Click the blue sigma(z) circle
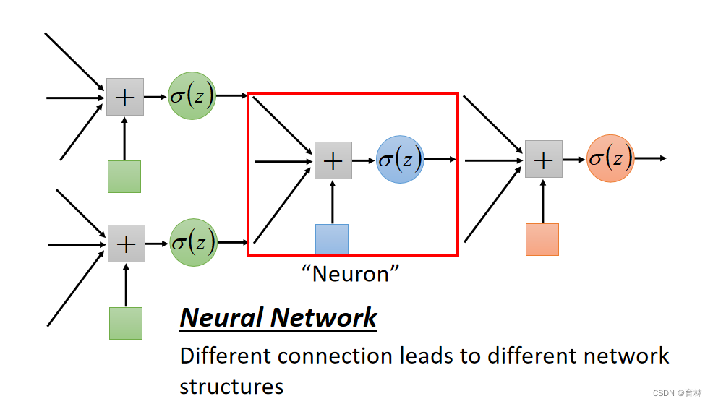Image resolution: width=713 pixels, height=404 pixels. coord(400,159)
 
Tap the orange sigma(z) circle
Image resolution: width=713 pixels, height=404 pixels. coord(610,158)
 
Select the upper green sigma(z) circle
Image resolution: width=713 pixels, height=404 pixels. coord(192,96)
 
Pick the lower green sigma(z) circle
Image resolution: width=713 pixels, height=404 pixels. coord(193,243)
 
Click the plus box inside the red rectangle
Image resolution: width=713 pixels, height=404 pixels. coord(333,160)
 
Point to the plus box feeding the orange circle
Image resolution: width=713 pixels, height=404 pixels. coord(543,159)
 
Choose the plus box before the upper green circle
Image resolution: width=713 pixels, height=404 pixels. coord(125,97)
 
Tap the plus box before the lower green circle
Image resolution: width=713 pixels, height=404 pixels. coord(127,244)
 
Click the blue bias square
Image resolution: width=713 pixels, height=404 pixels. coord(332,239)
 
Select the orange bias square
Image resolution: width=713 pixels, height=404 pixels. coord(542,239)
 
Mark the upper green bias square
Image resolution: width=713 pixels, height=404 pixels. coord(124,176)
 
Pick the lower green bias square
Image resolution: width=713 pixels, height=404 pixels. coord(126,323)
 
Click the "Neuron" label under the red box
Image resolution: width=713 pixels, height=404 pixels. coord(351,273)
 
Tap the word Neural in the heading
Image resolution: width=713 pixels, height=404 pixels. coord(221,317)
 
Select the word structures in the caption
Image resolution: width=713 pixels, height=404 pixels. coord(231,386)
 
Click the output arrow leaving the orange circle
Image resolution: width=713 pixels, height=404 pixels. coord(650,158)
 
